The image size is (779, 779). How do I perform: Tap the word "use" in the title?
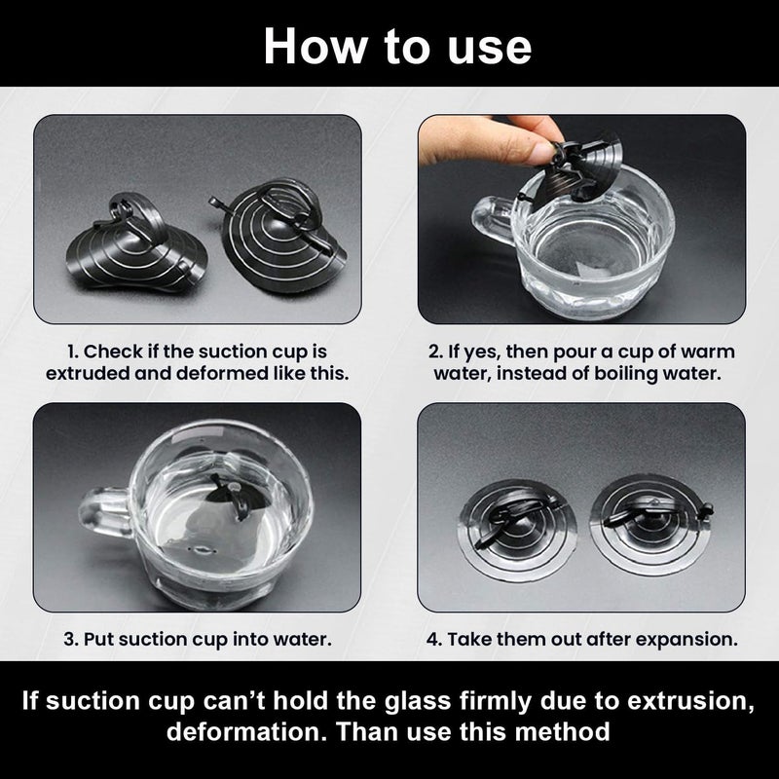[490, 48]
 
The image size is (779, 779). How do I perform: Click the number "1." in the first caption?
[73, 352]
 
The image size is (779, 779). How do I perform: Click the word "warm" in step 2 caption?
[708, 352]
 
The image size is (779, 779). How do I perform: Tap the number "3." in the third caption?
[71, 639]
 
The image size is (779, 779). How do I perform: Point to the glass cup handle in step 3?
[105, 512]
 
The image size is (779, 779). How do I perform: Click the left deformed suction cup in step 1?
[136, 243]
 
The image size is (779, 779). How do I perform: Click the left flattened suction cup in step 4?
[517, 529]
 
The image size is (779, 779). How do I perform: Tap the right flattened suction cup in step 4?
[650, 525]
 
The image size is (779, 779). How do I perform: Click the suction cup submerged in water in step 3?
[234, 497]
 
